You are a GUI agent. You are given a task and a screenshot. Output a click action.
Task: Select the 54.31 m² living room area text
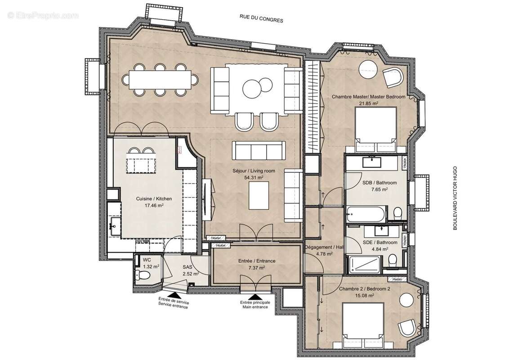point(254,177)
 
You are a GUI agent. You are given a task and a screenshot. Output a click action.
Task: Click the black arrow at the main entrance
point(255,297)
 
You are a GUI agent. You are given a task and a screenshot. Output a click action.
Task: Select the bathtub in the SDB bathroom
point(365,213)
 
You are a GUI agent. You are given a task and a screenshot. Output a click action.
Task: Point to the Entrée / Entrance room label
point(257,261)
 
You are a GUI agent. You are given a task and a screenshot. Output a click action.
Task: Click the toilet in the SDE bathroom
point(393,260)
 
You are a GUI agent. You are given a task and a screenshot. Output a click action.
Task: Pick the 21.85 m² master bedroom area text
point(368,103)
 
